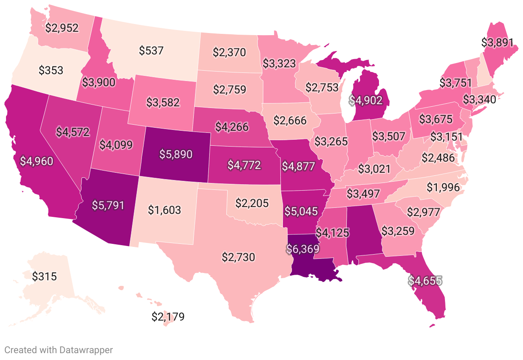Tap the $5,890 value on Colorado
pos(176,154)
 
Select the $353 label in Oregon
pos(51,70)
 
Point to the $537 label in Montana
pos(151,51)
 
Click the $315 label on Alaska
pos(44,276)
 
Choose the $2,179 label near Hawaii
pos(168,317)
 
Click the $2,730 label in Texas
pos(238,257)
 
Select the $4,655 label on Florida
pos(424,281)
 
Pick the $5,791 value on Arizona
pos(108,205)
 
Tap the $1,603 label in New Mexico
pos(165,210)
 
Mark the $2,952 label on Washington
pos(62,28)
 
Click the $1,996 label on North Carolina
pos(443,187)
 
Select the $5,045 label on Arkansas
pos(301,211)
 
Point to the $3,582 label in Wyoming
pos(162,102)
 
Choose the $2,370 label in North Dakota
pos(229,52)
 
